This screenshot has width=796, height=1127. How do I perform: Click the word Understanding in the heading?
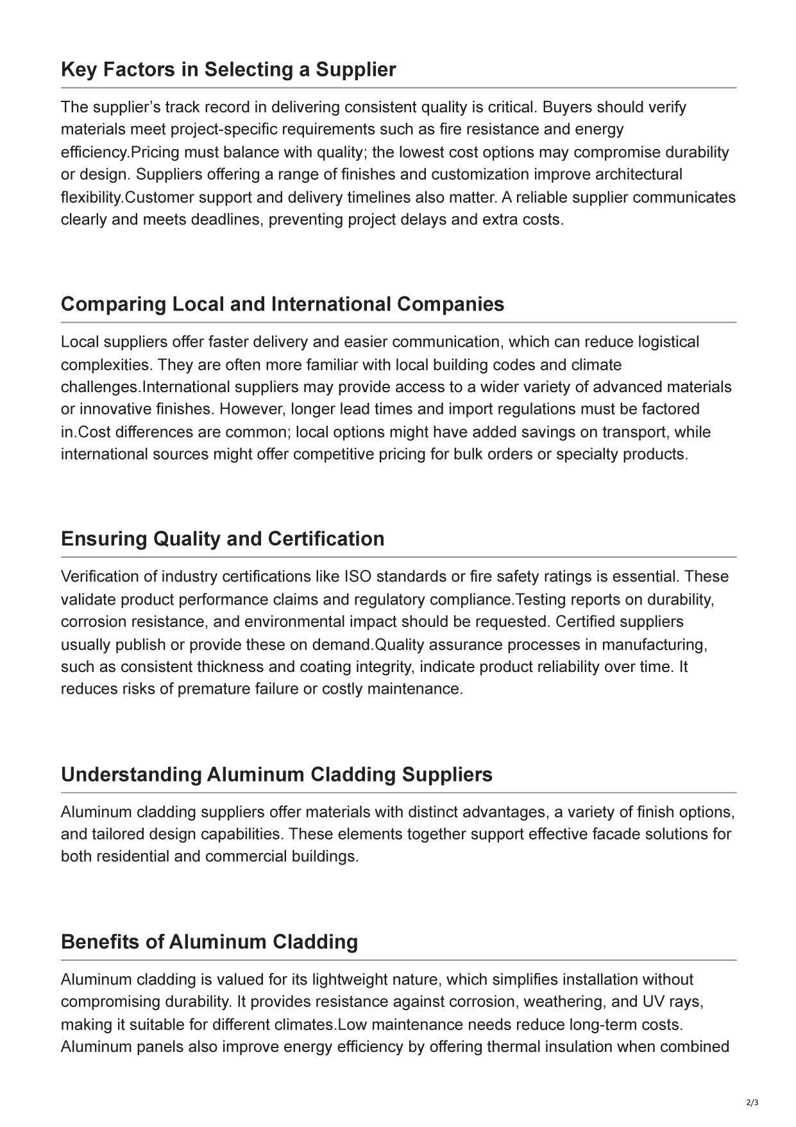pyautogui.click(x=131, y=774)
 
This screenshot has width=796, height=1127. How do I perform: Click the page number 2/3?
pyautogui.click(x=752, y=1103)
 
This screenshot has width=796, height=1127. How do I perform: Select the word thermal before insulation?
pyautogui.click(x=513, y=1047)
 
